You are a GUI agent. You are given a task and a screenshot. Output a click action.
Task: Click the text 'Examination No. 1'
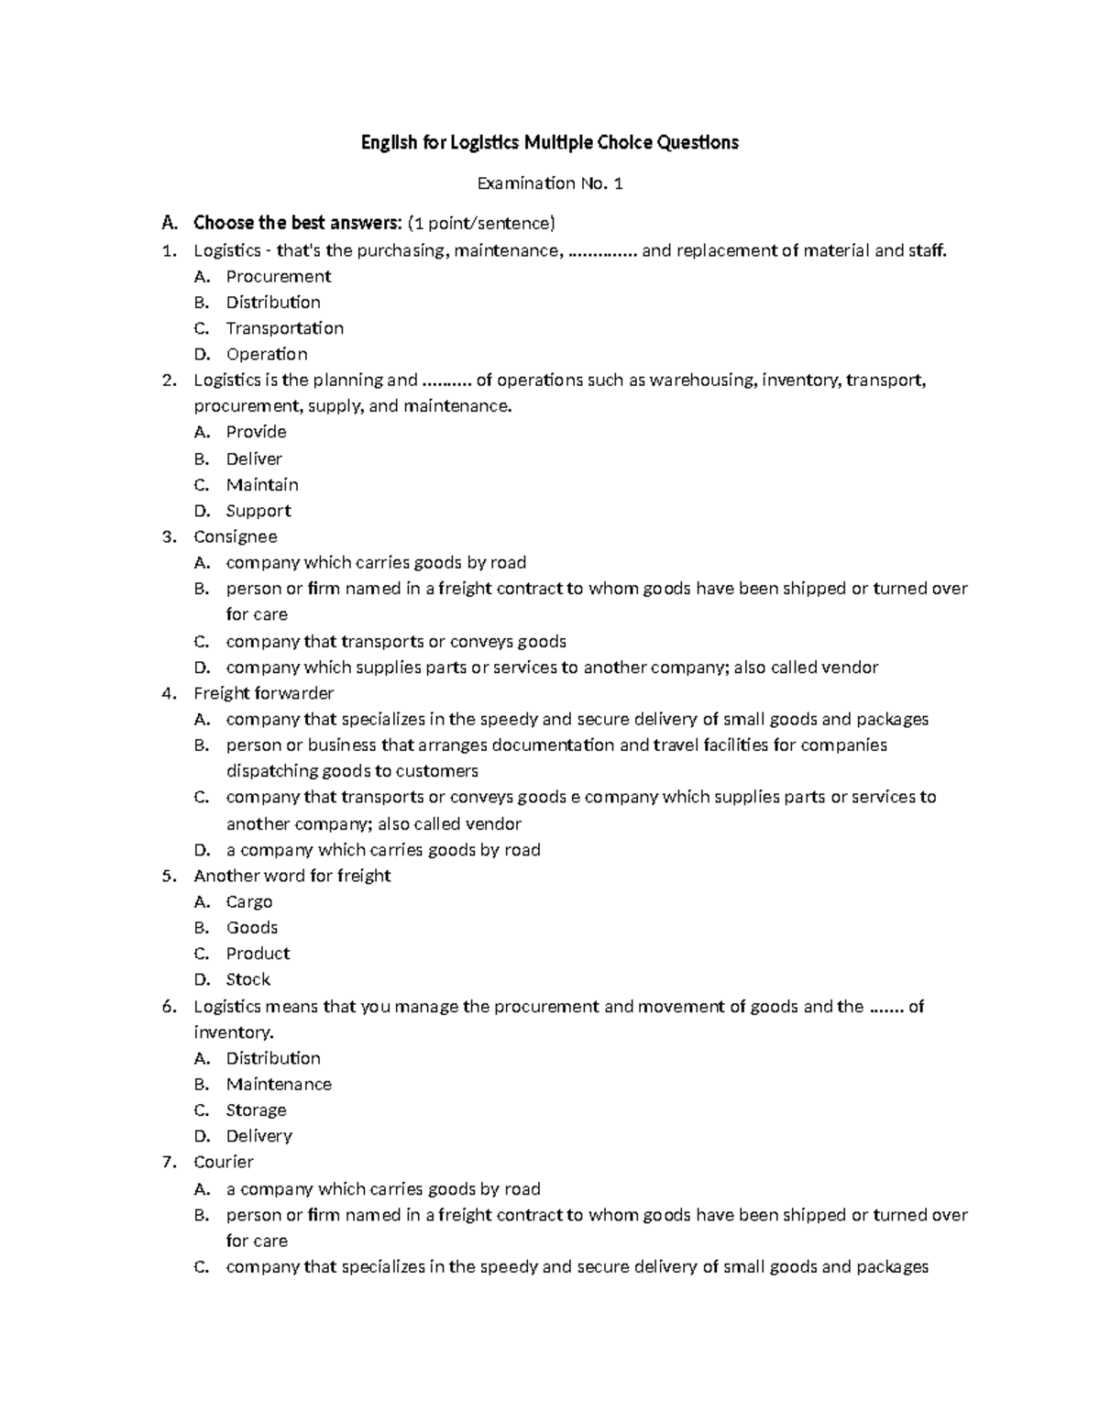tap(550, 183)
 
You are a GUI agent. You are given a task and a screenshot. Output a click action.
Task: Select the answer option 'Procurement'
tap(278, 276)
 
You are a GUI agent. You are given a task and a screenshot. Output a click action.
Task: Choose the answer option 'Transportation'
tap(284, 328)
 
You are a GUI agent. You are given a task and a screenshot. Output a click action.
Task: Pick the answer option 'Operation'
tap(267, 354)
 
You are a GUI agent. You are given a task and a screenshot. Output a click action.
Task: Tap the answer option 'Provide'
tap(256, 432)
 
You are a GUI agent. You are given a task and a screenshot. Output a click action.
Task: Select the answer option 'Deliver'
tap(254, 458)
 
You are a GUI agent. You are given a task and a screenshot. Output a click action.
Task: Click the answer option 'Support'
tap(258, 511)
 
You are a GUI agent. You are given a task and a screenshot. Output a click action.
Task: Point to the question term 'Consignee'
tap(235, 536)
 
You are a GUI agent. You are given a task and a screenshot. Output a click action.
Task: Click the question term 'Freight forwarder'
tap(263, 693)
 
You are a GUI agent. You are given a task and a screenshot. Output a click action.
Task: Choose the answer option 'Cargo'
tap(248, 902)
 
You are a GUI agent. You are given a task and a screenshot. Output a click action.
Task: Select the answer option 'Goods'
tap(251, 928)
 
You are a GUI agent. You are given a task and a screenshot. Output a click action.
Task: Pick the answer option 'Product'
tap(258, 954)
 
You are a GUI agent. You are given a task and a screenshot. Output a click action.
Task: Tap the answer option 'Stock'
tap(247, 979)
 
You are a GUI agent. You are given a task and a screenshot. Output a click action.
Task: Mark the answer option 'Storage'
tap(256, 1110)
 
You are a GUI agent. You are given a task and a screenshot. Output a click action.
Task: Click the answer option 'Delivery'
tap(258, 1136)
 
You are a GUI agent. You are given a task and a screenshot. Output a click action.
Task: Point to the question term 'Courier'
tap(223, 1162)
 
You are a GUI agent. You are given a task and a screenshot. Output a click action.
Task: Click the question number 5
tap(168, 876)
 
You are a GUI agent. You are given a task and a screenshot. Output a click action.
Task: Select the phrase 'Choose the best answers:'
tap(298, 223)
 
